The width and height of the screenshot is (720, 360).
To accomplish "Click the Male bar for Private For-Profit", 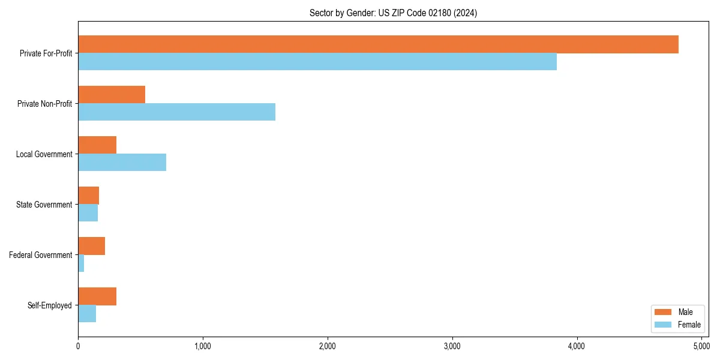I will pos(378,44).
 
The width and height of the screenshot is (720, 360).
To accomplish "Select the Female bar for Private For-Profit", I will pos(317,62).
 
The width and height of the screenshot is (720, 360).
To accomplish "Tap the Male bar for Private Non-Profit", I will pos(112,95).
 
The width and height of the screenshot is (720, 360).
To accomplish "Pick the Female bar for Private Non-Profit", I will pos(176,112).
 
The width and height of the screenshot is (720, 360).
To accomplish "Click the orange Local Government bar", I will pos(97,145).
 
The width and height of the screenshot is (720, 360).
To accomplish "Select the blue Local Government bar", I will pos(122,163).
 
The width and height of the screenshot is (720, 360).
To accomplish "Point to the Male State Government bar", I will pos(88,196).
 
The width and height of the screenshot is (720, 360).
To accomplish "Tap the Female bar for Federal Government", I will pos(81,263).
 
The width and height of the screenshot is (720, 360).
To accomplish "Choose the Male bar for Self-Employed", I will pos(97,296).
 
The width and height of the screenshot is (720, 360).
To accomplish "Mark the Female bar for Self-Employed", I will pos(87,314).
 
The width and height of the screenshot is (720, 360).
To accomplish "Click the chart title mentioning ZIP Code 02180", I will pos(393,13).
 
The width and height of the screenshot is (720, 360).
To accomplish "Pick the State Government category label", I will pos(44,205).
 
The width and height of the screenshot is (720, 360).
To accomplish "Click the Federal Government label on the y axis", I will pos(40,255).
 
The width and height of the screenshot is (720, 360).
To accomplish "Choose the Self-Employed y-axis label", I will pos(50,305).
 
